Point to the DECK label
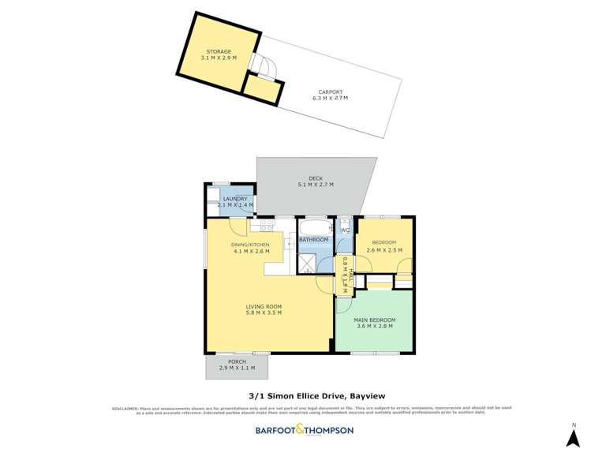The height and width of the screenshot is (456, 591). [x=315, y=178]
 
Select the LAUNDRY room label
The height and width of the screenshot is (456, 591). [x=235, y=199]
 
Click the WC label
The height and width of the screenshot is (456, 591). [x=345, y=230]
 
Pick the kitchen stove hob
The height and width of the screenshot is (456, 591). [x=267, y=226]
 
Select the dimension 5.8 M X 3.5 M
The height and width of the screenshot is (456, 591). [x=264, y=313]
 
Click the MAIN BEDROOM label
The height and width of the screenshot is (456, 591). [x=376, y=320]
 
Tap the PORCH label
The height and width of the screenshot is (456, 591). [x=238, y=362]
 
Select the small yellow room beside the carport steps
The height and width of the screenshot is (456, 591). [x=263, y=89]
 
